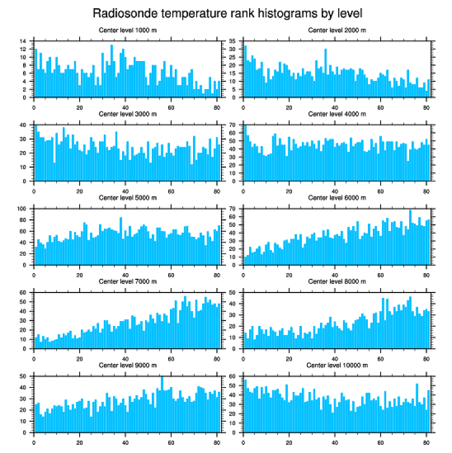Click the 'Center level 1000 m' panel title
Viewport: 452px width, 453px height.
127,30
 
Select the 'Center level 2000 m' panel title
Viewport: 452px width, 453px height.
337,30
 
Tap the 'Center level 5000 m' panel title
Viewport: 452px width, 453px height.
127,197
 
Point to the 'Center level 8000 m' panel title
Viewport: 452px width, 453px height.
337,281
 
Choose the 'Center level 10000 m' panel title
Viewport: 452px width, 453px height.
336,365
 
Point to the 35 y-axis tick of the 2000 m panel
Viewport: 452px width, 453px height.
232,41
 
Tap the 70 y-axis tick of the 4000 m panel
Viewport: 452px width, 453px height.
232,125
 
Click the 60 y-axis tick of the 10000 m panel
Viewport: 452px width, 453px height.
232,376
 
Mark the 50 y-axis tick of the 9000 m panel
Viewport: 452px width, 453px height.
24,376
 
